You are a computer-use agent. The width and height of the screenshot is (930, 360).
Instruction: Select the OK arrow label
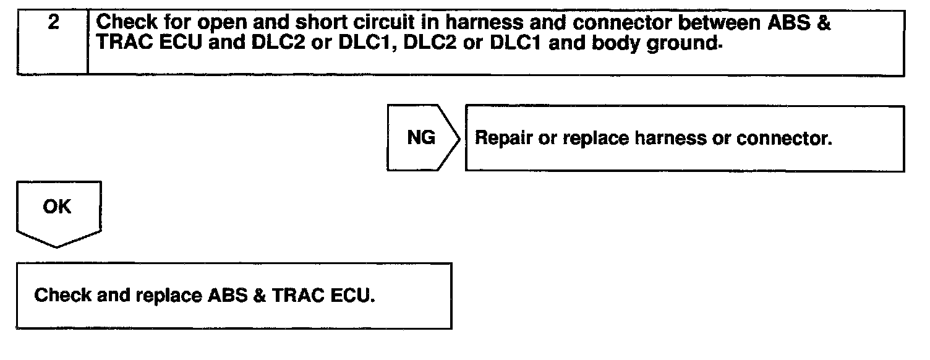57,207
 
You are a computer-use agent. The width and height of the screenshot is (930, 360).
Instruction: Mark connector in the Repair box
784,139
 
